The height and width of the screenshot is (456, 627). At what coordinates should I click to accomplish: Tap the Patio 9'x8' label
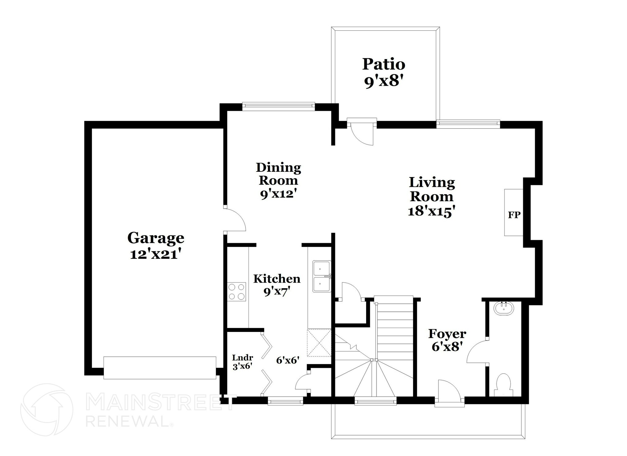(x=384, y=73)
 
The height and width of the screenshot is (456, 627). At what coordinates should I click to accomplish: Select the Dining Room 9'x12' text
(x=278, y=181)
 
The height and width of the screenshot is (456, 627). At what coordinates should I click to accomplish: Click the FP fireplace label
(x=514, y=215)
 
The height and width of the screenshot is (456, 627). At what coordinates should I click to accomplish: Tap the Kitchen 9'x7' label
(x=277, y=285)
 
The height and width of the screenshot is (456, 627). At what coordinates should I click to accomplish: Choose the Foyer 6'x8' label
(x=447, y=340)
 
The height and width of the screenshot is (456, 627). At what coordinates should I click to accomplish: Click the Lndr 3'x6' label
(x=242, y=362)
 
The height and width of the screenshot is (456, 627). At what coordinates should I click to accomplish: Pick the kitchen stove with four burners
(x=237, y=292)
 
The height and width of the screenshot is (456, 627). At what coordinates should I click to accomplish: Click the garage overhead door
(x=160, y=368)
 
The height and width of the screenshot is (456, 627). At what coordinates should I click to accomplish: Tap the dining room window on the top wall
(x=278, y=106)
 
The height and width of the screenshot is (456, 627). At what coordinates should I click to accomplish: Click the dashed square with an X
(x=319, y=343)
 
